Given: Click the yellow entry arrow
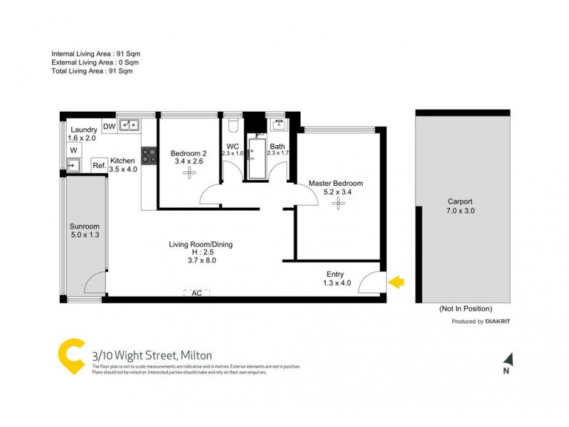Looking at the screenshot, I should point(395,283).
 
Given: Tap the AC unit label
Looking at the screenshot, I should point(196,292).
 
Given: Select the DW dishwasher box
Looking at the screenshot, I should point(109,126).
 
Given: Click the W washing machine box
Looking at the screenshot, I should point(73,151).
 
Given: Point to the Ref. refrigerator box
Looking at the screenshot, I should point(99,165).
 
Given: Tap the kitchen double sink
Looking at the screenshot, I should point(129,126).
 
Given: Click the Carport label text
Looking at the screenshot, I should point(459,201).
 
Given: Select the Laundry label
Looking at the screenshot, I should point(84,130).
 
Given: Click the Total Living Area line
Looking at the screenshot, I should point(92,70).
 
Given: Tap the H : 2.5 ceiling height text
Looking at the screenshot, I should point(200,253).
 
